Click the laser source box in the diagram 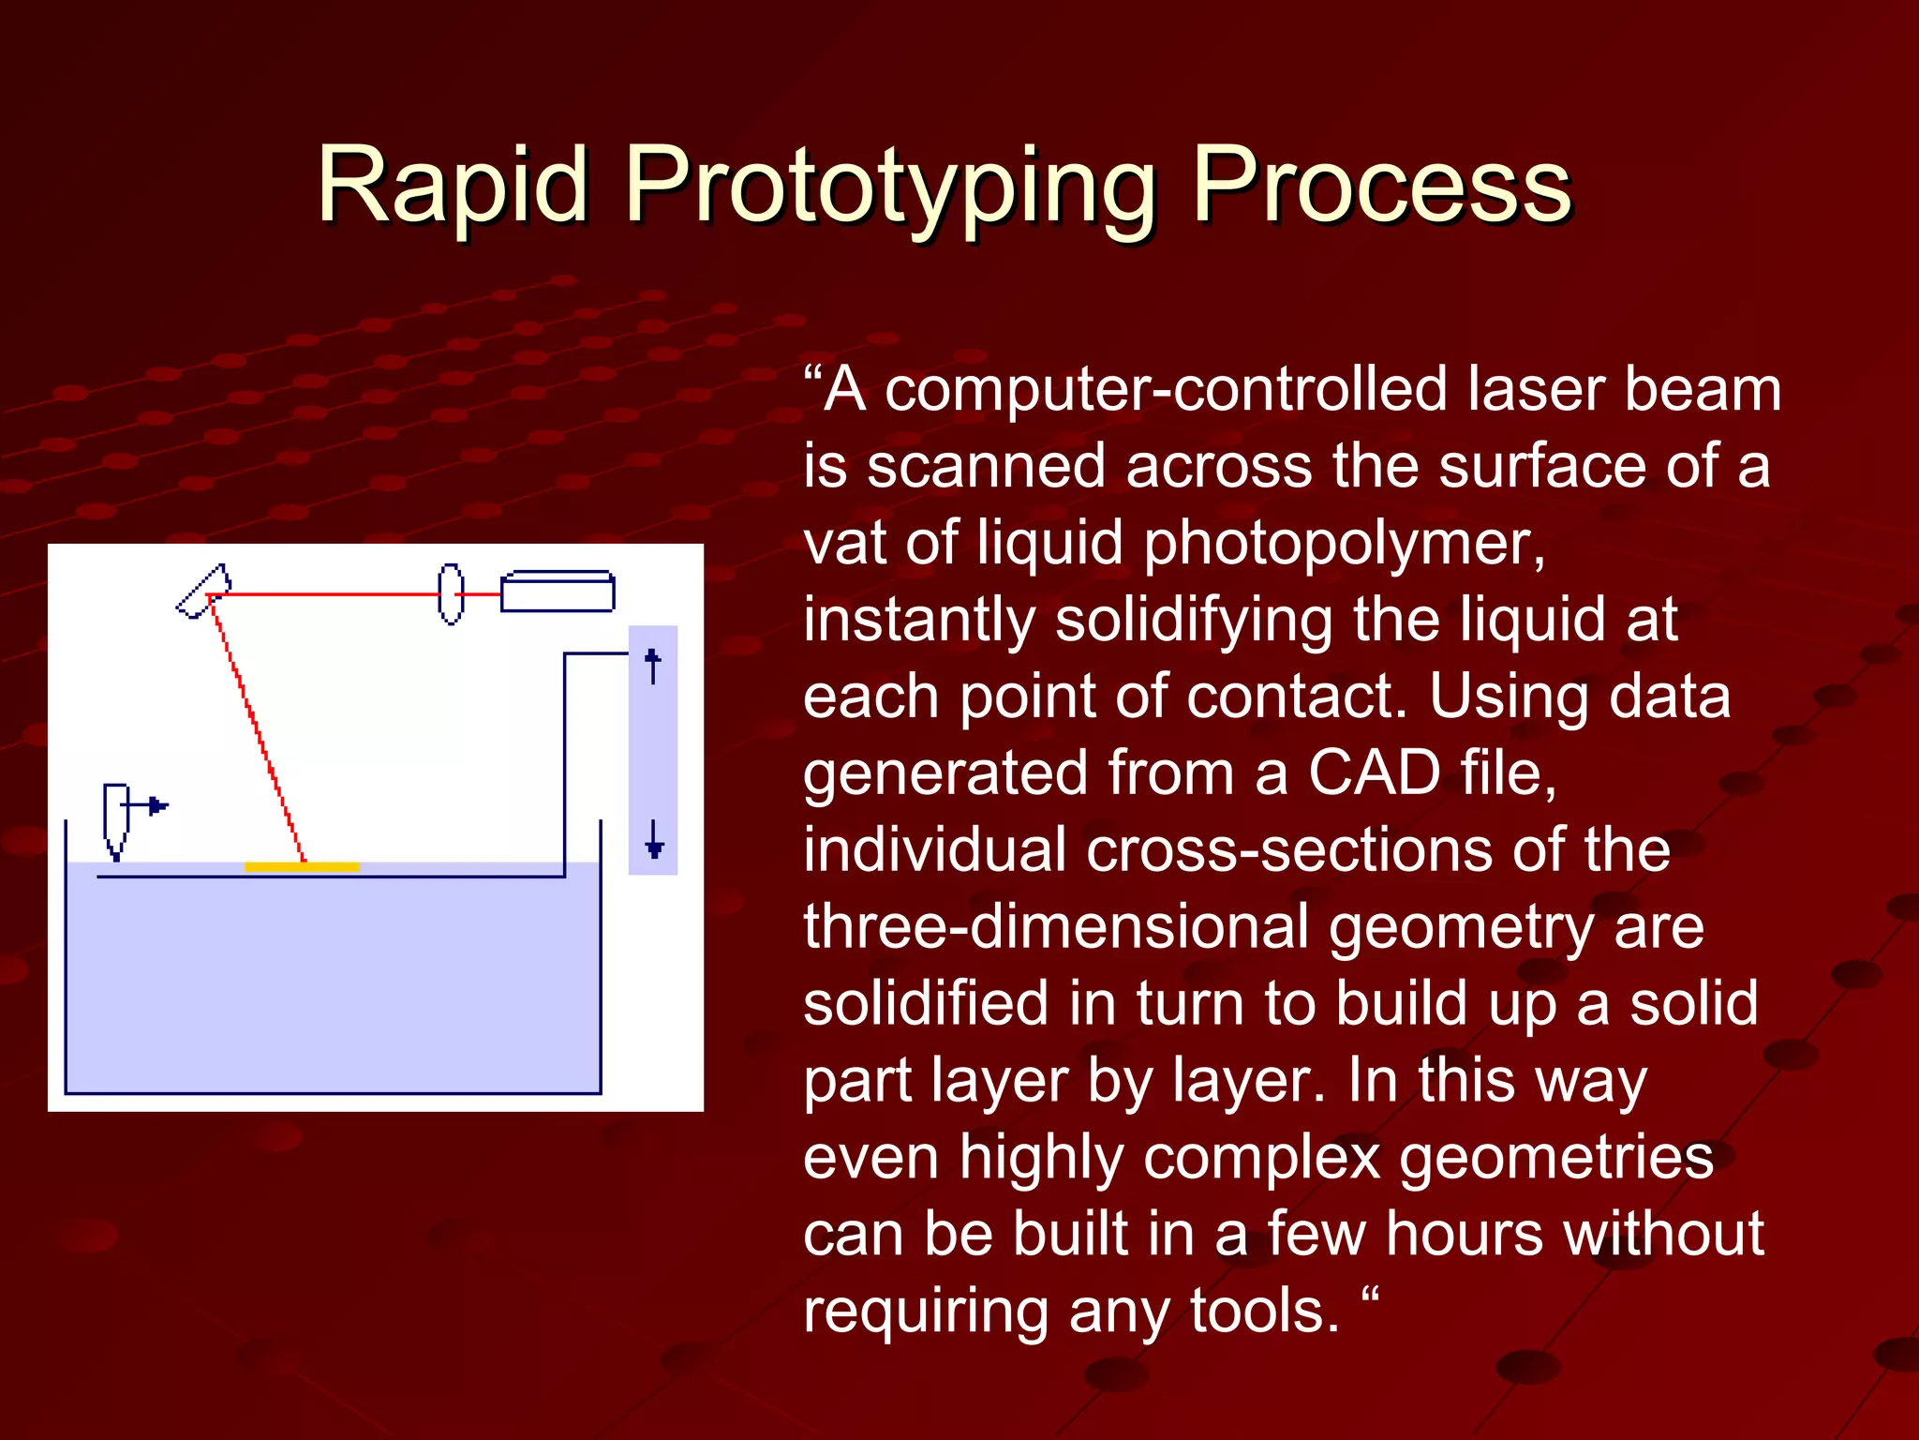click(558, 592)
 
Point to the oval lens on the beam click(451, 593)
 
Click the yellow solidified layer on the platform click(302, 867)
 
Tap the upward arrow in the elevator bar click(653, 665)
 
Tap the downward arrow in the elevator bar click(654, 839)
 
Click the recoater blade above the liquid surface click(115, 818)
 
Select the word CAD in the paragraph click(1374, 773)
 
